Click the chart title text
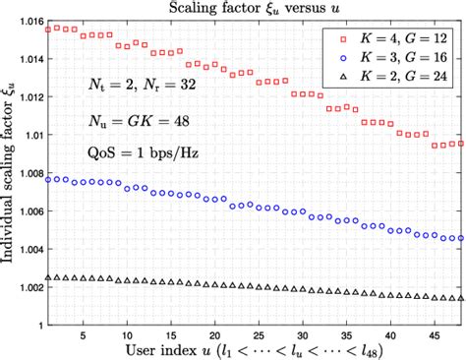click(x=254, y=8)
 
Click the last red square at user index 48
click(x=461, y=143)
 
